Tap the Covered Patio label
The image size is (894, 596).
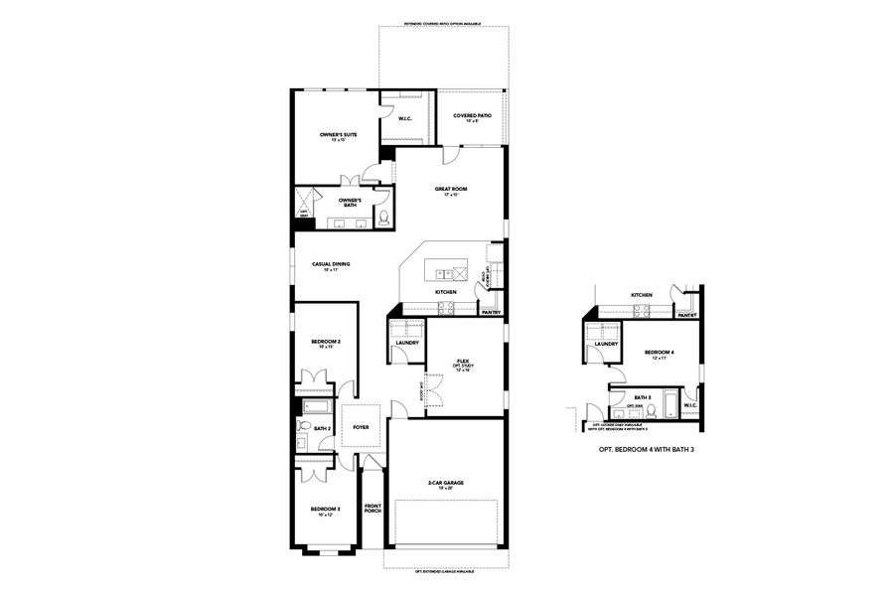click(472, 117)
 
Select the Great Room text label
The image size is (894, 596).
click(450, 190)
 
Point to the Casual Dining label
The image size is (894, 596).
click(331, 265)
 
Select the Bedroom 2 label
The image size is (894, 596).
click(325, 344)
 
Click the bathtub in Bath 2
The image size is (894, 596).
click(318, 406)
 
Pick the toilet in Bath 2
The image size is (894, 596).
click(302, 427)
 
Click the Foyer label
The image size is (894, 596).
click(360, 428)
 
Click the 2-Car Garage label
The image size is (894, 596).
click(446, 484)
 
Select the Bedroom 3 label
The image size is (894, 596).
click(325, 510)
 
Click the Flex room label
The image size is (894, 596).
click(462, 363)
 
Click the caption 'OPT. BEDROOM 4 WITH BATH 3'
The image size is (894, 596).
click(645, 449)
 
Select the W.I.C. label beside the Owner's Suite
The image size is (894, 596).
click(405, 119)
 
